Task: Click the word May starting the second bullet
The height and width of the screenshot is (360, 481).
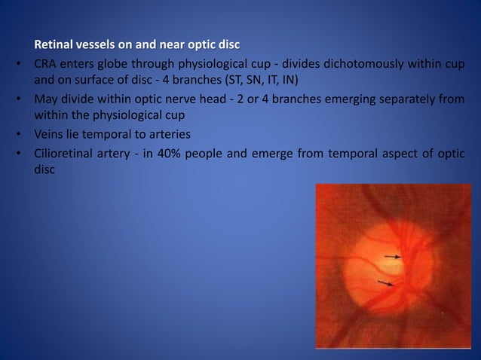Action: [44, 99]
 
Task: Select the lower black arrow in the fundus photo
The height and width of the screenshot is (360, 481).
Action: [385, 283]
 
